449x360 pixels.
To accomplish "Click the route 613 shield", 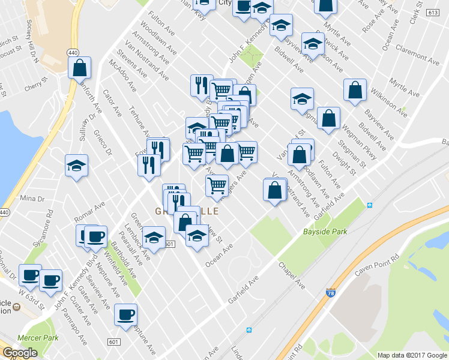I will (432, 12).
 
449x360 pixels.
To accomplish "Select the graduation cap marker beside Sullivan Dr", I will (77, 166).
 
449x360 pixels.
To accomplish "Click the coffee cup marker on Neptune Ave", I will (125, 314).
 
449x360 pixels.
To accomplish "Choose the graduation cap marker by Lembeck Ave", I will (154, 238).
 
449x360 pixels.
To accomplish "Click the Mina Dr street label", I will (32, 198).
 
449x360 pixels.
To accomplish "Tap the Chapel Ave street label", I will (291, 274).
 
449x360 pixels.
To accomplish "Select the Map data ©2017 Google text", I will (412, 355).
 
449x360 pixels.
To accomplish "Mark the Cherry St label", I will (32, 88).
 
